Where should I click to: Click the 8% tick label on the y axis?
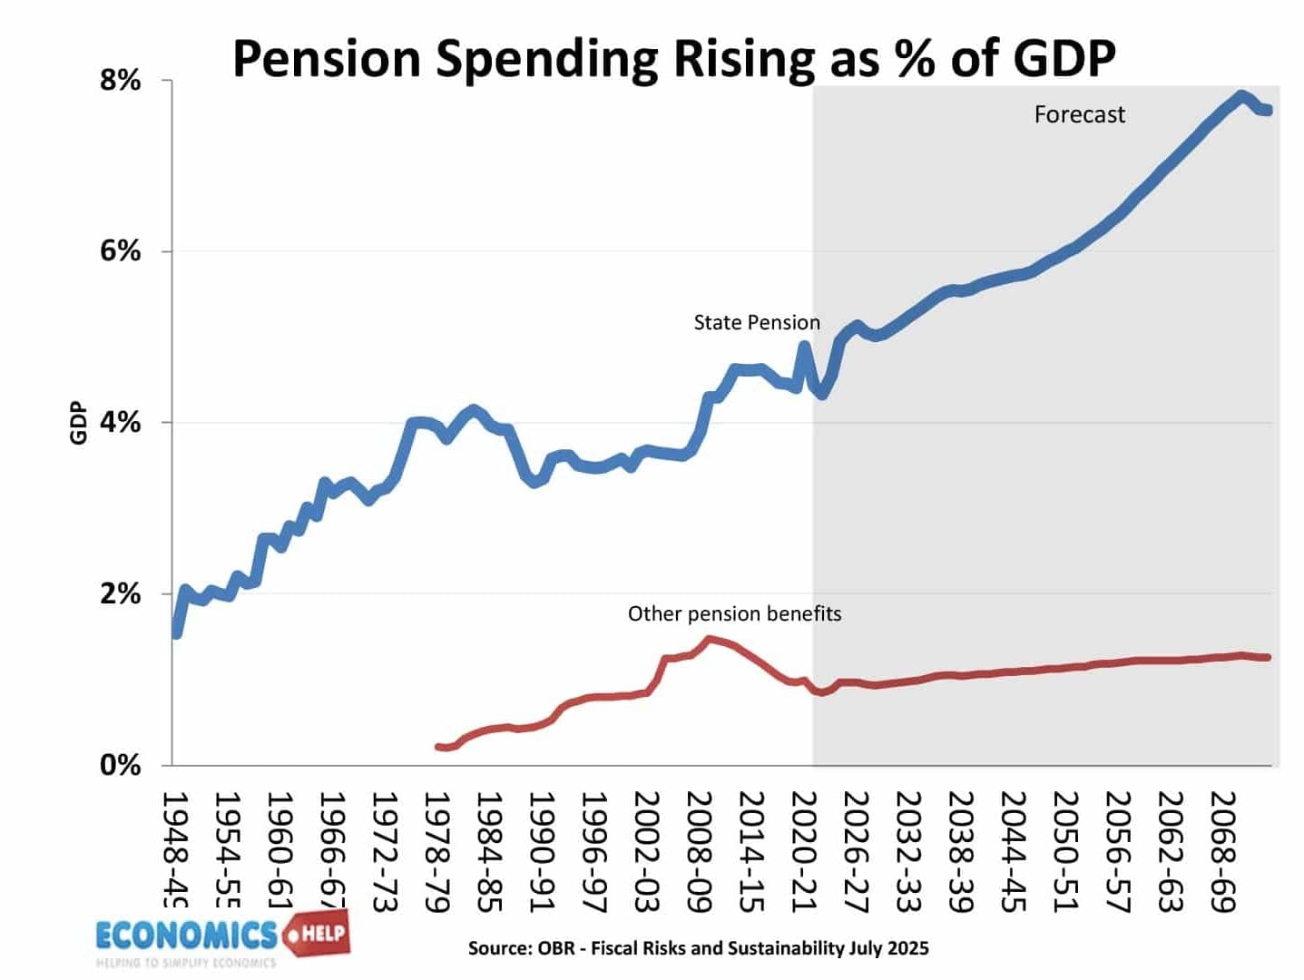click(121, 81)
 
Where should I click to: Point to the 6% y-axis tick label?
click(121, 251)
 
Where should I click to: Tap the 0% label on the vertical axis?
click(121, 765)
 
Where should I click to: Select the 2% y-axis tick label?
click(121, 594)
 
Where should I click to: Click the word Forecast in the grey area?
click(1079, 115)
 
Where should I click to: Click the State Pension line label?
click(756, 323)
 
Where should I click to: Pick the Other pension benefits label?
click(734, 614)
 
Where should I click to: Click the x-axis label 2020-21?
click(804, 851)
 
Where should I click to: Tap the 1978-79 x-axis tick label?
click(437, 851)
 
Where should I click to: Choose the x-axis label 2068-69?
click(1223, 851)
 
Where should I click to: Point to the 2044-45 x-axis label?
click(1014, 851)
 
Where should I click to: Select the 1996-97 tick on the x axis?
click(594, 851)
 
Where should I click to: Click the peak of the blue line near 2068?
click(1240, 95)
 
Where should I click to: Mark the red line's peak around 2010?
click(711, 640)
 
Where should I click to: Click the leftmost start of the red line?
click(439, 747)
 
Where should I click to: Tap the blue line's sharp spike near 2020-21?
click(804, 346)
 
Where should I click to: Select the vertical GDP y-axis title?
click(79, 423)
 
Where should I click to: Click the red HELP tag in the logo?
click(318, 933)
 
